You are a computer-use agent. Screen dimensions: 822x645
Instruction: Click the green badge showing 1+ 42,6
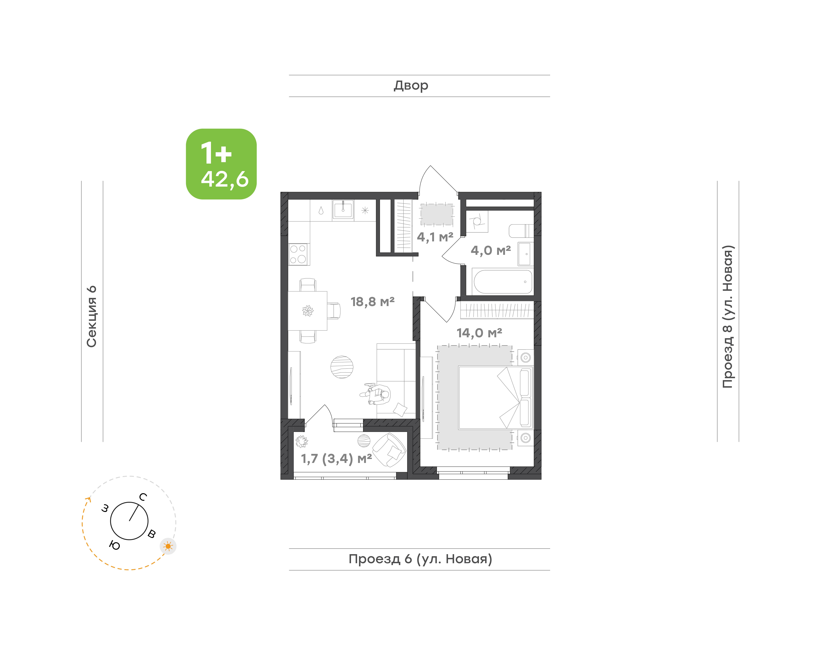coord(221,164)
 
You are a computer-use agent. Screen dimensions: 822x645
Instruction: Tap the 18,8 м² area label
coord(372,302)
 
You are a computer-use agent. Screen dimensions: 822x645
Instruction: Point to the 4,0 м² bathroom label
coord(490,250)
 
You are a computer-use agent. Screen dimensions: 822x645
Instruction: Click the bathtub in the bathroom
coord(503,281)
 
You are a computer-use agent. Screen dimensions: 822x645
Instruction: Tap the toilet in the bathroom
coord(521,231)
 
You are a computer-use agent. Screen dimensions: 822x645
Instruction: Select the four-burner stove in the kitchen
coord(298,254)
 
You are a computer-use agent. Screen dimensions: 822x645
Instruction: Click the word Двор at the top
coord(411,86)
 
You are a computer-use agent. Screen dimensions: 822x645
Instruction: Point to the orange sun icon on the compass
coord(168,546)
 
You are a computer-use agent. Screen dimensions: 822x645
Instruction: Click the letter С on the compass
coord(143,497)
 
